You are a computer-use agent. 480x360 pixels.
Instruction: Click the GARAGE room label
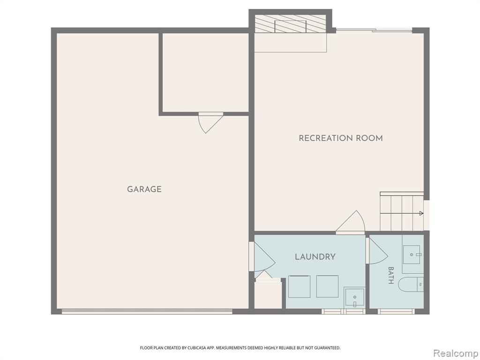144,189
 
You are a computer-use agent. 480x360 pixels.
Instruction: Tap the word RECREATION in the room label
325,138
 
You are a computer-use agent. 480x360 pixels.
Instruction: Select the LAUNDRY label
315,257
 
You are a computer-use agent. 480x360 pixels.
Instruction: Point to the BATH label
390,275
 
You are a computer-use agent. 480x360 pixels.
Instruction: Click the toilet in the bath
411,285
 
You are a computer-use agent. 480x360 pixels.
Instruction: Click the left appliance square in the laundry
299,286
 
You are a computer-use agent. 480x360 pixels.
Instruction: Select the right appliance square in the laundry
327,286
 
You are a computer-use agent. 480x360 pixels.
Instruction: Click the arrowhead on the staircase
421,213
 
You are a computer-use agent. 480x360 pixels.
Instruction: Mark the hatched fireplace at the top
290,23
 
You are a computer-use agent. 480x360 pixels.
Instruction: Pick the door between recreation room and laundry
351,221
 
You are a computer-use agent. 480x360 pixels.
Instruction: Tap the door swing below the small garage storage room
210,123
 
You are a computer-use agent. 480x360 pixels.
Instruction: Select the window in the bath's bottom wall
396,311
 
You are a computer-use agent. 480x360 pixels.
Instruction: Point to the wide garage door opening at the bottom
147,311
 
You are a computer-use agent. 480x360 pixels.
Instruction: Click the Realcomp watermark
456,353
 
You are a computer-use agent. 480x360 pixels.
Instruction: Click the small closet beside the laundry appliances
268,294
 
